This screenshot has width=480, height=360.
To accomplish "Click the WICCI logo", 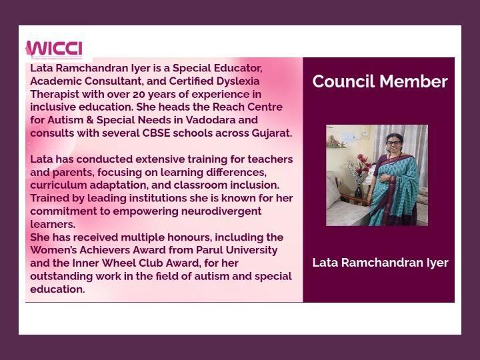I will coord(54,50).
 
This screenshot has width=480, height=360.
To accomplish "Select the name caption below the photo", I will coord(380,263).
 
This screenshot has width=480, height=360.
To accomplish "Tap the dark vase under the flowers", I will coord(358,191).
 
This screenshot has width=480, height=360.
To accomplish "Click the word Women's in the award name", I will coord(55,250).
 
